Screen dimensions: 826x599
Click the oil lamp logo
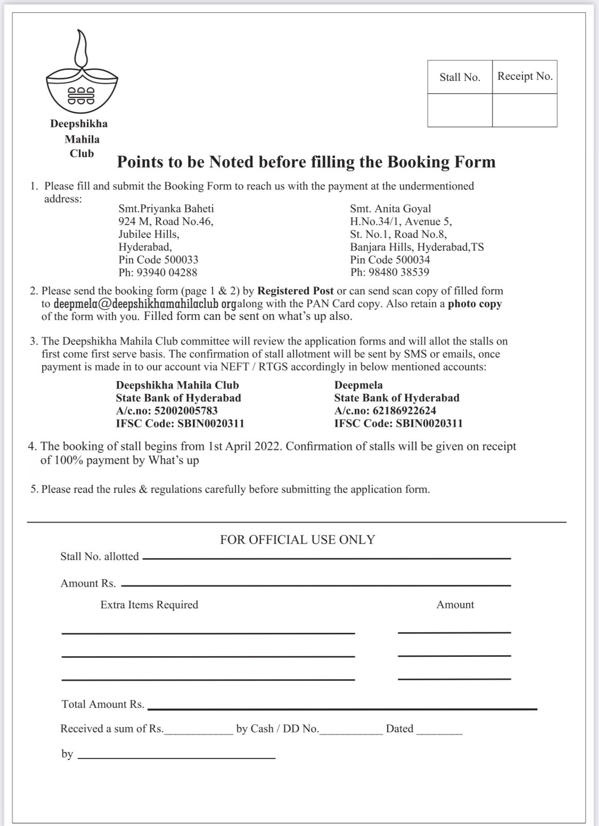click(81, 75)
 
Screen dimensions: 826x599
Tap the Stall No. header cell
click(459, 77)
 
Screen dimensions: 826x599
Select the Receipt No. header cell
click(524, 76)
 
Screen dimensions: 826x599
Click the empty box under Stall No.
click(459, 110)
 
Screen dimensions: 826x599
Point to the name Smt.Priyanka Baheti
click(166, 209)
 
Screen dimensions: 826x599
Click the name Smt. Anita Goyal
click(390, 209)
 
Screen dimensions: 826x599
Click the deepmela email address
click(145, 304)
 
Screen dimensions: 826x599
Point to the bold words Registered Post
click(296, 291)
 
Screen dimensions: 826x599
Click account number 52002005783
click(185, 410)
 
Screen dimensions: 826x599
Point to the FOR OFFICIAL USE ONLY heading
click(298, 540)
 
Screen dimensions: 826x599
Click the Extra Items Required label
click(149, 605)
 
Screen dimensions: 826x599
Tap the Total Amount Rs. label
click(103, 704)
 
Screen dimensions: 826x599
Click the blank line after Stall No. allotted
click(326, 558)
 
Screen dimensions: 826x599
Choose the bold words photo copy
click(474, 304)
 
